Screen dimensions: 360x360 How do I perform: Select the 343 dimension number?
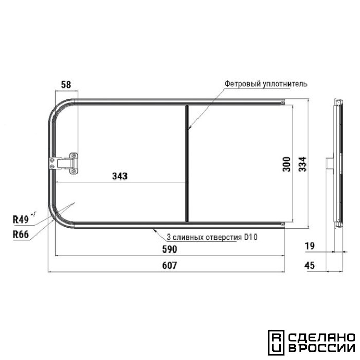pyautogui.click(x=119, y=176)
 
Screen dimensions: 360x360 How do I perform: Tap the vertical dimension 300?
pyautogui.click(x=286, y=163)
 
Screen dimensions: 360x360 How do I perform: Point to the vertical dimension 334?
pyautogui.click(x=300, y=163)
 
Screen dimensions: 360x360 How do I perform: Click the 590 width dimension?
pyautogui.click(x=169, y=249)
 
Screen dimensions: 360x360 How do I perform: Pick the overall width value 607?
pyautogui.click(x=169, y=265)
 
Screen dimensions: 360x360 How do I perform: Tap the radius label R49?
pyautogui.click(x=21, y=220)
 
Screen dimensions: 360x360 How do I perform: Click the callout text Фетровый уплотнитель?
pyautogui.click(x=265, y=83)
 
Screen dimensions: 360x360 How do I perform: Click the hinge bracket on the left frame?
pyautogui.click(x=65, y=163)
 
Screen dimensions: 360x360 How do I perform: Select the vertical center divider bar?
pyautogui.click(x=186, y=163)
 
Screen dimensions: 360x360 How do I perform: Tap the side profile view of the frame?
pyautogui.click(x=337, y=163)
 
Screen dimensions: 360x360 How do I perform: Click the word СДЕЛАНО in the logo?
pyautogui.click(x=320, y=338)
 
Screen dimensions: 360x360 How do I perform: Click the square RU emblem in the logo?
pyautogui.click(x=275, y=343)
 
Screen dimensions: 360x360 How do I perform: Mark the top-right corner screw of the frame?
pyautogui.click(x=283, y=103)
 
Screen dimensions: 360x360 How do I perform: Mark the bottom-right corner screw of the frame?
pyautogui.click(x=283, y=224)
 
